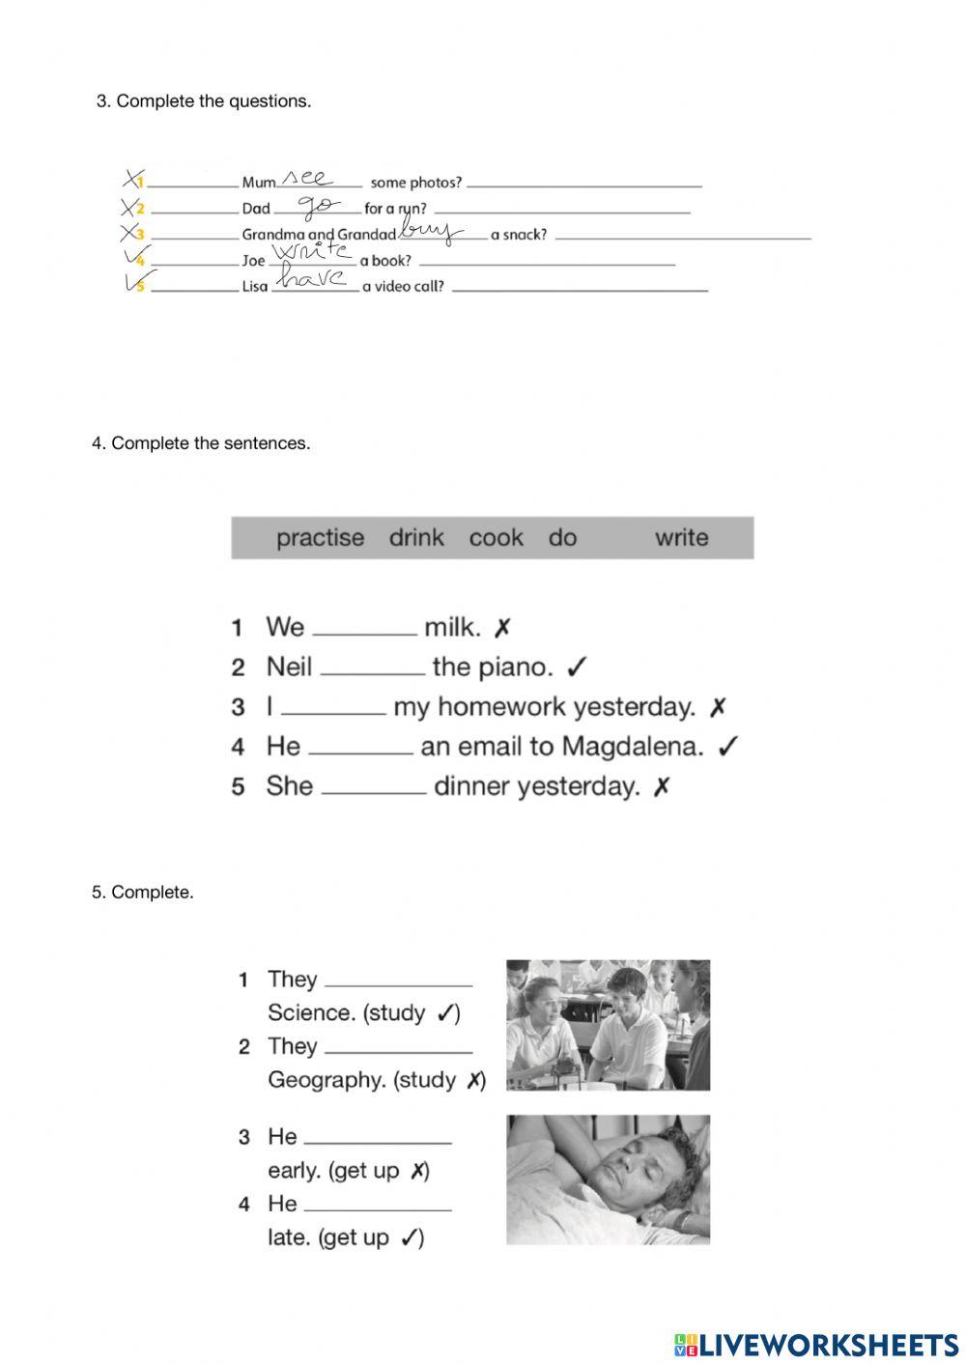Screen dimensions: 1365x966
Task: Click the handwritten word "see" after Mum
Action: pyautogui.click(x=309, y=179)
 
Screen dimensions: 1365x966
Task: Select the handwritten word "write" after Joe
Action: pyautogui.click(x=311, y=252)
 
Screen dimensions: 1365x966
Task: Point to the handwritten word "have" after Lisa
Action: pyautogui.click(x=313, y=279)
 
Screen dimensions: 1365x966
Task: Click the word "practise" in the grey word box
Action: pyautogui.click(x=320, y=538)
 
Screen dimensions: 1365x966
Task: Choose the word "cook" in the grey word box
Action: pyautogui.click(x=496, y=538)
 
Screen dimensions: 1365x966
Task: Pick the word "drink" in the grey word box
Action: pyautogui.click(x=416, y=538)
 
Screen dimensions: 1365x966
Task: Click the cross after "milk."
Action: pyautogui.click(x=502, y=629)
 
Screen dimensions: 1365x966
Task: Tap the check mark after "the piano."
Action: pyautogui.click(x=577, y=668)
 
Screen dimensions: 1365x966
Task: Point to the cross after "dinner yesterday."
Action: pyautogui.click(x=662, y=787)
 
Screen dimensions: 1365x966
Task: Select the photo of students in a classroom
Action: pyautogui.click(x=608, y=1024)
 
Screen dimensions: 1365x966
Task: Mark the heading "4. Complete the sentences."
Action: pyautogui.click(x=201, y=443)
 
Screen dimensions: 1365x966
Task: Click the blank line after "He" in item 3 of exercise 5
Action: pyautogui.click(x=378, y=1141)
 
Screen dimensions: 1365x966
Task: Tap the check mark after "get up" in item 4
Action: pyautogui.click(x=412, y=1237)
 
